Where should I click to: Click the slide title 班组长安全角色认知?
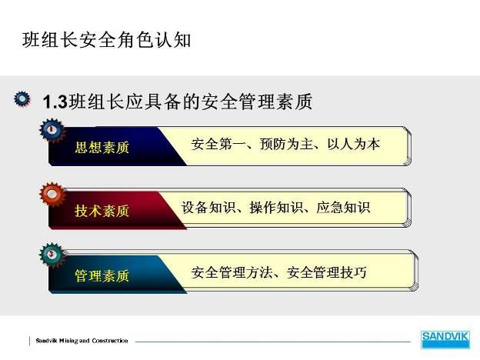[106, 40]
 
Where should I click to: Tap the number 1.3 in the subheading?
[55, 102]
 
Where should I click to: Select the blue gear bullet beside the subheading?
[22, 99]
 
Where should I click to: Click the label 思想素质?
[102, 147]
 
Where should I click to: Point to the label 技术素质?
[102, 211]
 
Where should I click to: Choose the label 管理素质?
[102, 275]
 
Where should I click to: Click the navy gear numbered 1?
[52, 130]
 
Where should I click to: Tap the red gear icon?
[52, 194]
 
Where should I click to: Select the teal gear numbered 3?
[52, 255]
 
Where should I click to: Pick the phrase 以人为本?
[354, 144]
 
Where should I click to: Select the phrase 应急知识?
[344, 208]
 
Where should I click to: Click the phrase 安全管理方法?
[232, 272]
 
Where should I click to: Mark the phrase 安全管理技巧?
[326, 272]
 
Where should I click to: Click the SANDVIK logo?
[445, 339]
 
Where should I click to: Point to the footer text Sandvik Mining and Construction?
[82, 341]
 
